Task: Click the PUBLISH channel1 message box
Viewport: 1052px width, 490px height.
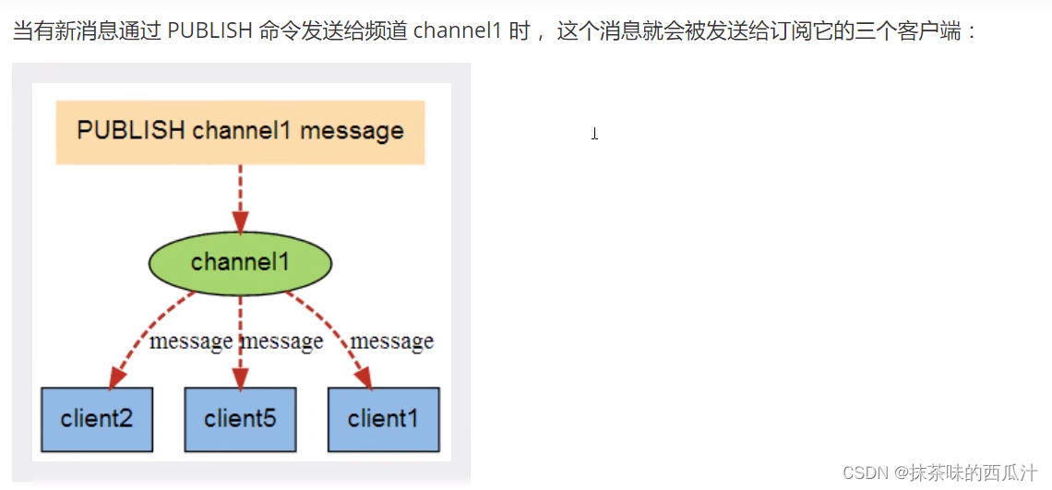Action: [240, 132]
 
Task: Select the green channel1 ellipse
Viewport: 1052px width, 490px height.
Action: [240, 263]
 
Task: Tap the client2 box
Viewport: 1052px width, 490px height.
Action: [97, 419]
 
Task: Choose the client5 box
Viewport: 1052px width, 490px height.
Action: [240, 419]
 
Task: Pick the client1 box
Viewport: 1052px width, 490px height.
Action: [383, 419]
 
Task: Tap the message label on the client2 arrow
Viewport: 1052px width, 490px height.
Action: [191, 341]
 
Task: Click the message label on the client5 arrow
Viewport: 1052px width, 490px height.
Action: [282, 341]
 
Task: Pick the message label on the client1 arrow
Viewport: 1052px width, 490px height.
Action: [392, 341]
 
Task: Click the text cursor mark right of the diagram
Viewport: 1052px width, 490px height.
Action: [595, 134]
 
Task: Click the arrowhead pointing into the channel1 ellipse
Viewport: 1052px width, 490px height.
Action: [240, 222]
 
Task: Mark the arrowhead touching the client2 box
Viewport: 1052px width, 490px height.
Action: [115, 378]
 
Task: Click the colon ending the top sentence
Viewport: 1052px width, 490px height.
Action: [971, 32]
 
